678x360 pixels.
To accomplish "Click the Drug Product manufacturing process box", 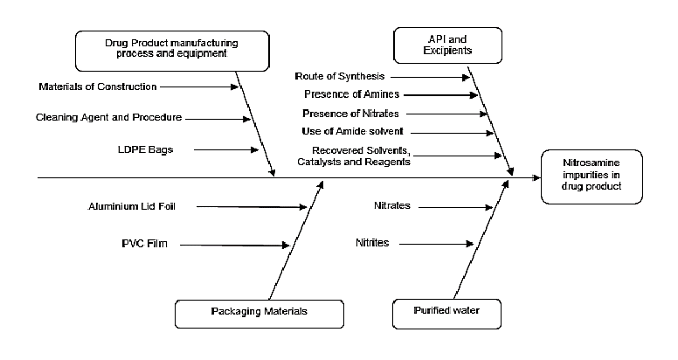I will (171, 49).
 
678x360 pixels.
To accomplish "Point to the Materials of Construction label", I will (98, 87).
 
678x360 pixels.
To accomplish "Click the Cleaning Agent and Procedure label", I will (108, 117).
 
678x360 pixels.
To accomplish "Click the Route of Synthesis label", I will (340, 77).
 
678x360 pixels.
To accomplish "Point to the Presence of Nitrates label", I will (350, 113).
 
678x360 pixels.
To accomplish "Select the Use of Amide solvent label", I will (352, 131).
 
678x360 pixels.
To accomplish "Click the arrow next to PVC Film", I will (233, 246).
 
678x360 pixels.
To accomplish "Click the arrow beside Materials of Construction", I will (199, 87).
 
